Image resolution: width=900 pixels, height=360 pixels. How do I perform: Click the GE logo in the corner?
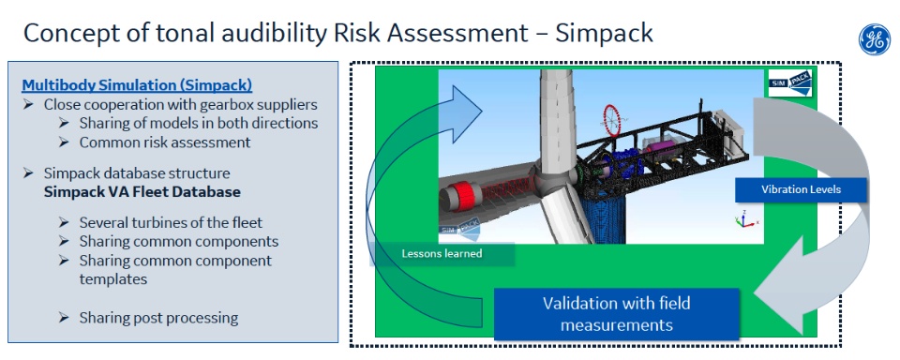click(x=874, y=39)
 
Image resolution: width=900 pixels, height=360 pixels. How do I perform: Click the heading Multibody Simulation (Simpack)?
click(x=137, y=85)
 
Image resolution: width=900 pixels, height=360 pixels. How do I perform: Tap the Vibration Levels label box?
click(x=801, y=189)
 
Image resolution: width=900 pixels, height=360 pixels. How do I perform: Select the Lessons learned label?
click(x=442, y=253)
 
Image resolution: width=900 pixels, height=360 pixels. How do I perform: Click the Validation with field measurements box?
click(x=616, y=314)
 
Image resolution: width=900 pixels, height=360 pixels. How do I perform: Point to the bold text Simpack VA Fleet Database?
click(x=142, y=192)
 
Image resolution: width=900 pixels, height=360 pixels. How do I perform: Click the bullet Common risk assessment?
click(x=165, y=142)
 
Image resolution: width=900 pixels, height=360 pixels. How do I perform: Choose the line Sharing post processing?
click(x=158, y=318)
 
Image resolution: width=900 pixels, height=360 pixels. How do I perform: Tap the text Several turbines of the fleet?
click(x=171, y=223)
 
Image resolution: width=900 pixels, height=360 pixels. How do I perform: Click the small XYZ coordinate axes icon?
click(x=743, y=219)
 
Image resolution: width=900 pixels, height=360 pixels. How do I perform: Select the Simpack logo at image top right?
click(x=791, y=84)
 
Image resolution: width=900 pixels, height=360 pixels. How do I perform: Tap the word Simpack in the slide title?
click(x=604, y=34)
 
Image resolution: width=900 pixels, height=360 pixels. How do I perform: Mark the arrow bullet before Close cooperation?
click(x=29, y=106)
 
